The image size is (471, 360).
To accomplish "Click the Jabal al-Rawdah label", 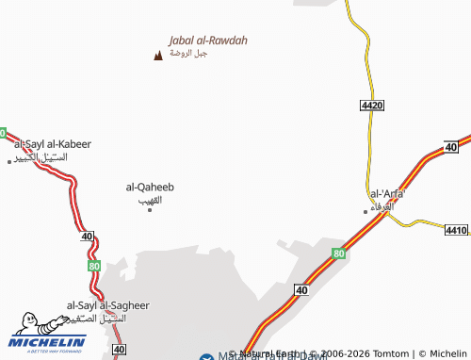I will (x=207, y=41).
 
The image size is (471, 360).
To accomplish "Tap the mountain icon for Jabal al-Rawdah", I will (x=157, y=56).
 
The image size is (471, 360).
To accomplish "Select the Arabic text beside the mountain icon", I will (x=188, y=54).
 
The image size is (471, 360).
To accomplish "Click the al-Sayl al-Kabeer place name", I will (x=53, y=144).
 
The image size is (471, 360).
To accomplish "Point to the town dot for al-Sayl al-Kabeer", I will (x=9, y=161).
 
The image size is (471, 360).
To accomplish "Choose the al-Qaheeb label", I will (x=150, y=188).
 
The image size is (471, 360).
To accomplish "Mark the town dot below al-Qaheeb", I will (x=150, y=209).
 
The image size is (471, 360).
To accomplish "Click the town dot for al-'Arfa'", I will (x=366, y=211).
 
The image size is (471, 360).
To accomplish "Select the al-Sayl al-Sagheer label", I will (x=107, y=306).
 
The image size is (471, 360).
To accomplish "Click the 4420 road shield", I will (x=372, y=106).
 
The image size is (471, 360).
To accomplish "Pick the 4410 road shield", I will (x=456, y=230).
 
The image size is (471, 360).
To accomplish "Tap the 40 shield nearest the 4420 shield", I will (x=451, y=147).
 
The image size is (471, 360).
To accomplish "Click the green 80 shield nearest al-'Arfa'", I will (x=339, y=254).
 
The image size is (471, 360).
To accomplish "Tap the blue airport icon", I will (x=207, y=356).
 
